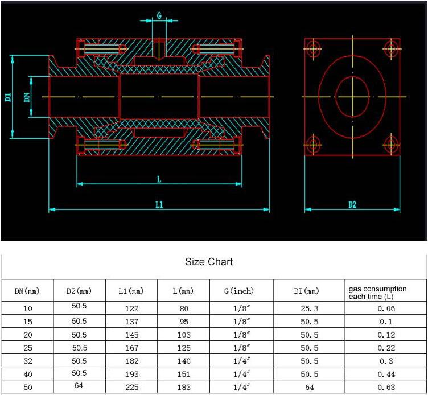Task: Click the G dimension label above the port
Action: pos(159,15)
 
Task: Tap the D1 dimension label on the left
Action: pos(8,97)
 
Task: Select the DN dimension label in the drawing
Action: pos(27,97)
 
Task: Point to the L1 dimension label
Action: pos(159,204)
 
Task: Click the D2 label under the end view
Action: pos(352,204)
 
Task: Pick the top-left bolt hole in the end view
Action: pos(314,49)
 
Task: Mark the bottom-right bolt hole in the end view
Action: pos(391,145)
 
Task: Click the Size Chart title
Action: pos(209,262)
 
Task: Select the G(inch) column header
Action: pos(239,291)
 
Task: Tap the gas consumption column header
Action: pos(378,293)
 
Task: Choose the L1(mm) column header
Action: pos(131,291)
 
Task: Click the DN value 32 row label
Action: pos(27,361)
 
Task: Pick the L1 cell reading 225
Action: pos(132,388)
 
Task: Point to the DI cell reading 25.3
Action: pos(310,308)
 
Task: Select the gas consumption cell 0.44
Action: pos(386,375)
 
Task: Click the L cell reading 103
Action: pos(184,335)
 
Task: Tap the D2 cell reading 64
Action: pos(79,385)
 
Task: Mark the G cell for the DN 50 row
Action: pos(241,388)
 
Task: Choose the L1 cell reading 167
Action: pos(132,348)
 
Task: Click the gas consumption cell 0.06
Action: pos(386,308)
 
